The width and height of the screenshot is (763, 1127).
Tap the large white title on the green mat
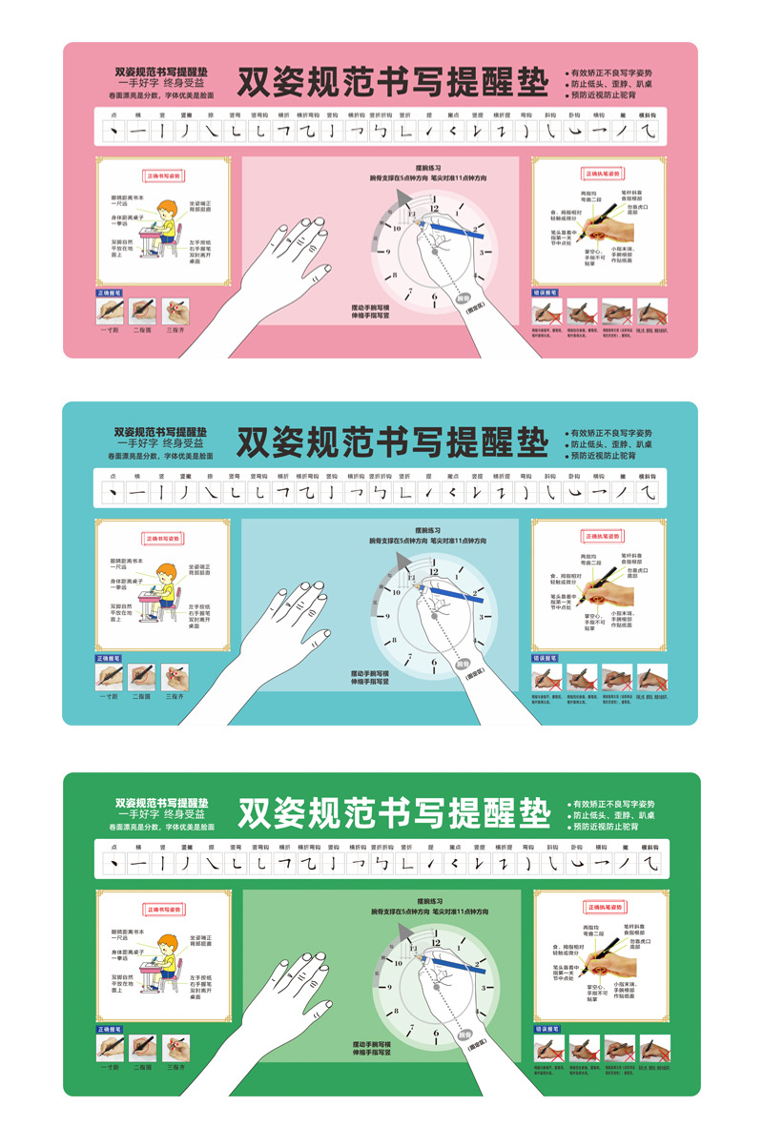393,813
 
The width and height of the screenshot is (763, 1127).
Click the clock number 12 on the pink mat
435,208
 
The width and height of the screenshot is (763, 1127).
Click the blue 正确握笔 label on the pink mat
109,293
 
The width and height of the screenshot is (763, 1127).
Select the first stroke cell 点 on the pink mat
113,130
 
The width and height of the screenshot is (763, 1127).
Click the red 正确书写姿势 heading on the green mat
163,910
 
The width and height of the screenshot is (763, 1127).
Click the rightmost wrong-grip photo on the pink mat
651,312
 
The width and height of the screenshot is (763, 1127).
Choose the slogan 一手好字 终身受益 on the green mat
160,815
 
